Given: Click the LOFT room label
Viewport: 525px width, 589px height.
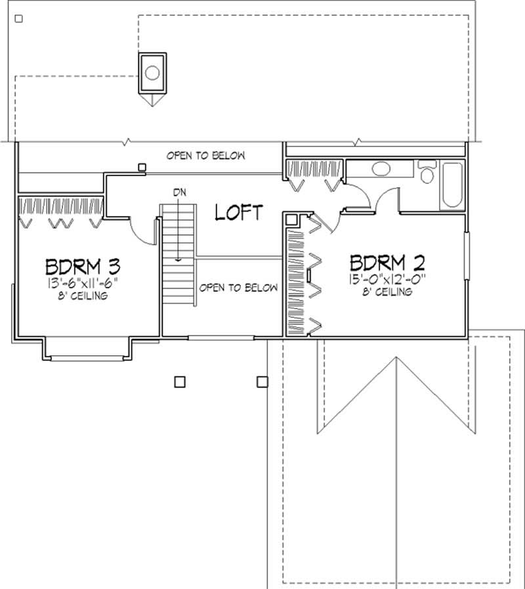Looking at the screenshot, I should [x=239, y=212].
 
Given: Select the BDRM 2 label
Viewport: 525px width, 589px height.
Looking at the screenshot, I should [x=387, y=263].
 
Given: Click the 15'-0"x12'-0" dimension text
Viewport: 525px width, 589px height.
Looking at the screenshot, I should [x=387, y=280].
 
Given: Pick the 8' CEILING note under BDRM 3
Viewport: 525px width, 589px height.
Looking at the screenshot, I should [x=83, y=296].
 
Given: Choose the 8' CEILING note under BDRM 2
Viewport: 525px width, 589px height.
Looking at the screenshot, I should [x=387, y=292].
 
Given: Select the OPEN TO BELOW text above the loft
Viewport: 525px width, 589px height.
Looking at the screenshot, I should [x=205, y=156].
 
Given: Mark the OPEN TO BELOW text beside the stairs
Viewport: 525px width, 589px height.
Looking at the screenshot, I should [x=238, y=288].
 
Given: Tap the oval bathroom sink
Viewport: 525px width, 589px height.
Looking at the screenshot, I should [x=380, y=169].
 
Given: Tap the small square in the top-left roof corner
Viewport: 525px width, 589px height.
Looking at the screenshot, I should [x=18, y=19].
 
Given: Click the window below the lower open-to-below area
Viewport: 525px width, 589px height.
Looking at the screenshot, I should [x=221, y=338].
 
